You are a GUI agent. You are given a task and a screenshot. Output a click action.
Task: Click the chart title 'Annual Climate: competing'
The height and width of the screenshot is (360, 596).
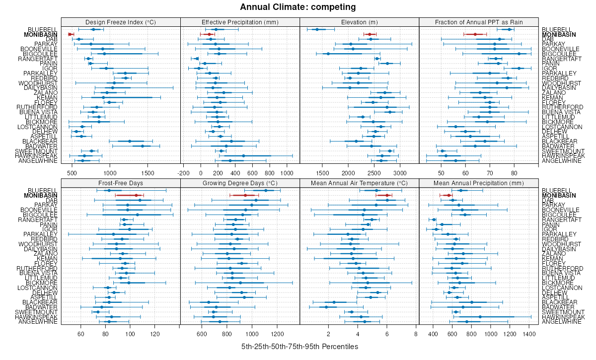tap(298, 7)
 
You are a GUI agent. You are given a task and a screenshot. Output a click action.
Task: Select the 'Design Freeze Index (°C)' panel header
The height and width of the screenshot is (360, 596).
tap(121, 22)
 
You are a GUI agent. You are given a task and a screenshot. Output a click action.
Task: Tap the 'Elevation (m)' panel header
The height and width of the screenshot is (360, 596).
tap(360, 22)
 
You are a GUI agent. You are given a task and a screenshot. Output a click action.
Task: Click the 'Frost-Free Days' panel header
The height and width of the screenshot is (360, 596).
tap(121, 183)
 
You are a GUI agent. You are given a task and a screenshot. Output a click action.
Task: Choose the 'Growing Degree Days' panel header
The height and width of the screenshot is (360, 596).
tap(240, 183)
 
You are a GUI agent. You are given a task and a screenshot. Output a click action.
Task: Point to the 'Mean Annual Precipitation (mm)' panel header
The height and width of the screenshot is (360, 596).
tap(479, 183)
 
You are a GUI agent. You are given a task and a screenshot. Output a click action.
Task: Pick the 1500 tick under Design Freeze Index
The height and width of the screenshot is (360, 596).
tap(148, 173)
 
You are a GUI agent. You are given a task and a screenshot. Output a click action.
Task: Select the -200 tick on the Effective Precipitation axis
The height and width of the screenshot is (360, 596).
tap(184, 173)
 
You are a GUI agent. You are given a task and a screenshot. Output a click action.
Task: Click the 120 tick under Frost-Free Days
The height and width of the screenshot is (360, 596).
tap(155, 334)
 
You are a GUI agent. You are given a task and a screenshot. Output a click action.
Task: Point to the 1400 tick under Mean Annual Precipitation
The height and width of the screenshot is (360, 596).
tap(529, 334)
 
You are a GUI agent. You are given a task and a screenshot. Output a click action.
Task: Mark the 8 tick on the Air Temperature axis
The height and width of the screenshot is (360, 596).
tap(416, 334)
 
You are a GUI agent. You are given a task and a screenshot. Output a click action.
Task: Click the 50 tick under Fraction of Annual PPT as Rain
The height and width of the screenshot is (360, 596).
tap(441, 173)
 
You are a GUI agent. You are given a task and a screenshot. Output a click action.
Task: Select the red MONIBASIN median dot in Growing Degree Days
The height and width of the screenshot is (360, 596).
tap(245, 195)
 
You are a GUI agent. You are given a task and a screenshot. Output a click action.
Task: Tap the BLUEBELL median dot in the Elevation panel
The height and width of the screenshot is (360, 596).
tap(317, 29)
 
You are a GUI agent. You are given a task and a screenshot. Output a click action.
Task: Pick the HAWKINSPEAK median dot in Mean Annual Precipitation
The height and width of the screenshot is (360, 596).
tap(480, 317)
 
